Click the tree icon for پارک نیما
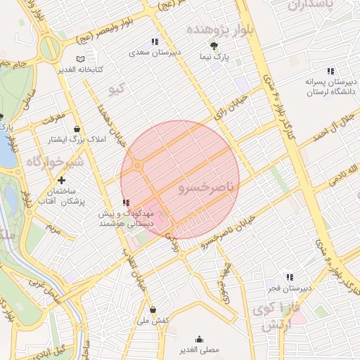pos(224,45)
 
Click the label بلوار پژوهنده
pos(215,30)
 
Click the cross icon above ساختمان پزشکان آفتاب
pos(63,181)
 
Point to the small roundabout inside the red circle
pos(138,166)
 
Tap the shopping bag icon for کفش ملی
pos(153,309)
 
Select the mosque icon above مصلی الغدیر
pos(200,339)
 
